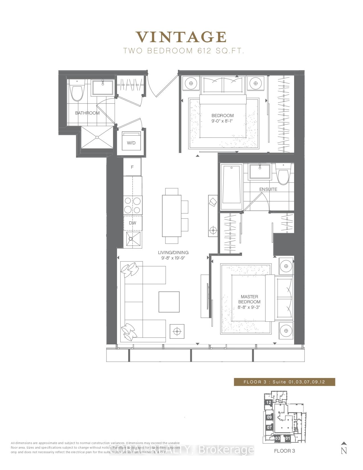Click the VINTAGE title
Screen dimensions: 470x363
point(181,37)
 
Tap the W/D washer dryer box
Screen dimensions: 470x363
point(131,141)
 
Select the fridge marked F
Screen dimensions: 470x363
point(132,167)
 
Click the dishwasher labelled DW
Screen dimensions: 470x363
point(132,223)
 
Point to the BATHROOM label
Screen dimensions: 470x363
point(87,113)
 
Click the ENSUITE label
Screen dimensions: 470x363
point(268,189)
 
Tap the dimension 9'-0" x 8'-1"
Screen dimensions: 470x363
point(222,121)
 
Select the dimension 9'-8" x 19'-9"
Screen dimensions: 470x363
point(173,258)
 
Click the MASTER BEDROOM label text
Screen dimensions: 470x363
point(249,299)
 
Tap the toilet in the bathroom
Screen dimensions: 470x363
point(77,91)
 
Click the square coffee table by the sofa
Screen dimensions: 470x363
point(169,302)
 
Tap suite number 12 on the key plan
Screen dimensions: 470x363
point(268,402)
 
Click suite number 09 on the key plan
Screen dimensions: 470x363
point(269,417)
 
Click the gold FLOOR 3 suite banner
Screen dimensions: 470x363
point(284,382)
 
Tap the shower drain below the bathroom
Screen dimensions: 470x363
point(97,137)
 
